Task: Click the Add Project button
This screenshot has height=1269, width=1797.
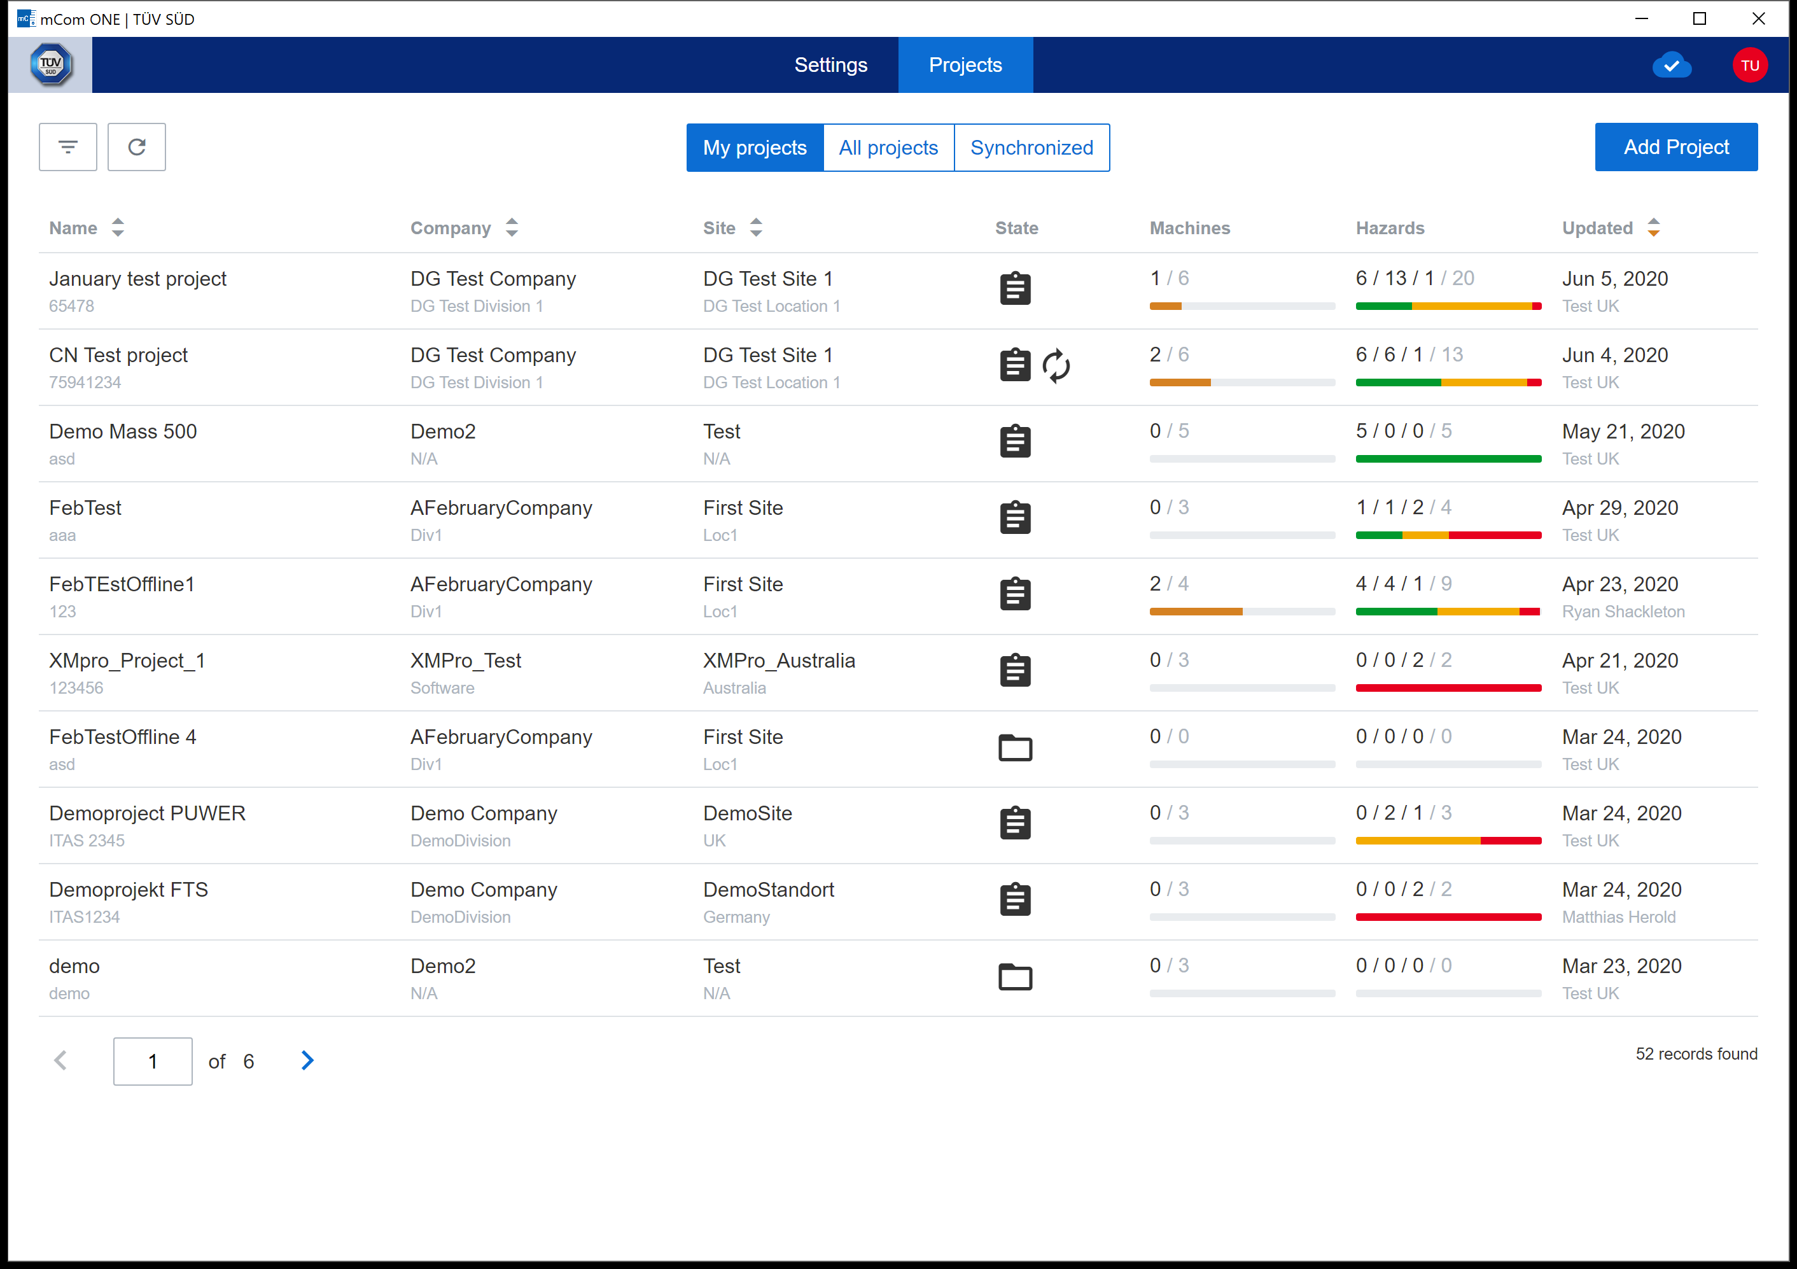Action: tap(1675, 147)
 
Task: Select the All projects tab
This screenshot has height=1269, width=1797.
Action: tap(888, 148)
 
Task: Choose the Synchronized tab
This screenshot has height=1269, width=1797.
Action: tap(1031, 148)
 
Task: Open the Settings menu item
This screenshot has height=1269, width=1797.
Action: tap(830, 65)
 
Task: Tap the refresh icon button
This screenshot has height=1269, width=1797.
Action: tap(137, 147)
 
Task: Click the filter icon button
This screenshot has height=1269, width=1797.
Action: tap(68, 147)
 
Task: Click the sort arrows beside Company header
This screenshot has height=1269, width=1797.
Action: tap(512, 228)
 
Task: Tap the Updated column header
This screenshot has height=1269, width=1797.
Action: tap(1597, 228)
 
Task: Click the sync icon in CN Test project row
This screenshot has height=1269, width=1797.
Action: tap(1056, 365)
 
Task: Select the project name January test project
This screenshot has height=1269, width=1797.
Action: tap(137, 279)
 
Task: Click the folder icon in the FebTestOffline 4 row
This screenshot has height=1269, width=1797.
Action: tap(1015, 748)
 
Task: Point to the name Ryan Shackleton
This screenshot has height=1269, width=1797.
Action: tap(1623, 612)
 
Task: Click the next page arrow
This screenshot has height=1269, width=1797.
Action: tap(307, 1061)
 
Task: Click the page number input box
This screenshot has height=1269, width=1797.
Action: tap(153, 1062)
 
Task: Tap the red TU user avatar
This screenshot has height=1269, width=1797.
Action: tap(1750, 65)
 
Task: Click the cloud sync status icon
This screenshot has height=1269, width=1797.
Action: tap(1672, 65)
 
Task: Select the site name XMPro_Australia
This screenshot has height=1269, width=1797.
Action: tap(779, 661)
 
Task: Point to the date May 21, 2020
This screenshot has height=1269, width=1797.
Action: tap(1623, 431)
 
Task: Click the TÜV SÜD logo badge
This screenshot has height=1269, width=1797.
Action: tap(51, 65)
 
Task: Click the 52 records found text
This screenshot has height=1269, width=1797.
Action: tap(1696, 1054)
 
